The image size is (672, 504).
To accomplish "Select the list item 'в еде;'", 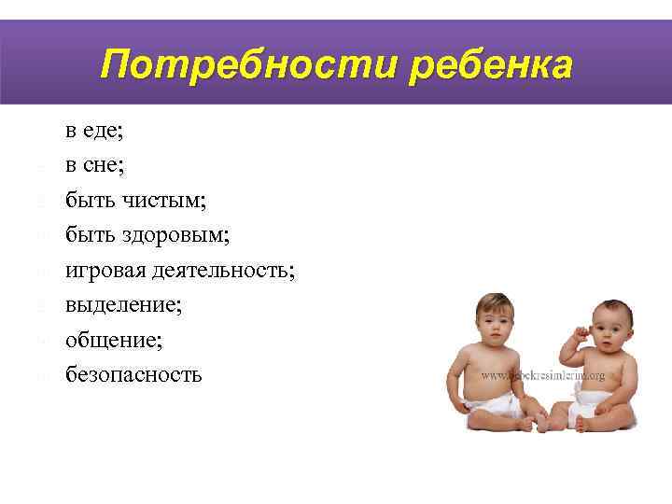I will coord(94,131).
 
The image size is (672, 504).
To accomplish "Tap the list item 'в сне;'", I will coord(94,165).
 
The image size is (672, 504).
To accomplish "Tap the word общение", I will coord(113,341).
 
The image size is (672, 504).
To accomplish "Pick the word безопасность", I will coord(133,375).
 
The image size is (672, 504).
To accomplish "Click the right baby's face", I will coord(607,332).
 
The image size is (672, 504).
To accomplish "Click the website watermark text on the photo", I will coord(543,375).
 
